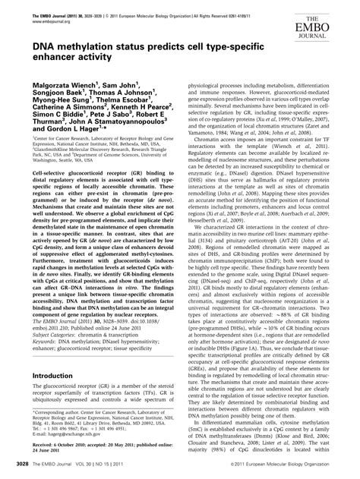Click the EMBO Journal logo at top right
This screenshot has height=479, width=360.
(332, 24)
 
